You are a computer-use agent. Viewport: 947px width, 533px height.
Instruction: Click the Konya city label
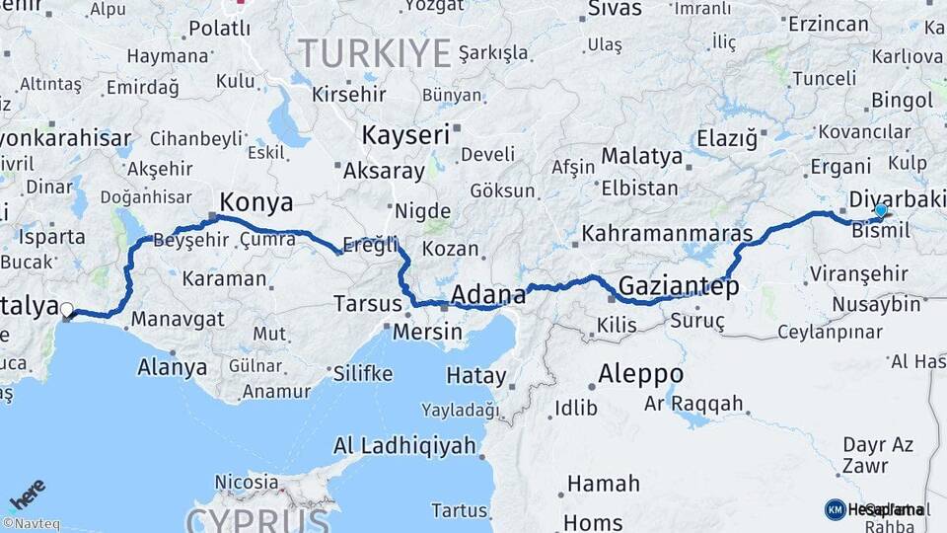click(x=256, y=203)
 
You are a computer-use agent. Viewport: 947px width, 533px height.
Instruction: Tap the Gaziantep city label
click(x=678, y=287)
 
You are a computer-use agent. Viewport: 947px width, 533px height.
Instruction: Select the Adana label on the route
click(x=488, y=294)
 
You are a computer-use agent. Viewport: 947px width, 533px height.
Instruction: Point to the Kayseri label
click(x=405, y=134)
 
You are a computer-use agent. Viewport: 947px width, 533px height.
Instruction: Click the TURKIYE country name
click(x=374, y=52)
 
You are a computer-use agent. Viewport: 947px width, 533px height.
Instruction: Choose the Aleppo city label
click(x=640, y=374)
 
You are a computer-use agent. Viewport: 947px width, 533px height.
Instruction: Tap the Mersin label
click(x=427, y=332)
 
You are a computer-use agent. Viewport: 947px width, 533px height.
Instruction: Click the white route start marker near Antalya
click(x=67, y=311)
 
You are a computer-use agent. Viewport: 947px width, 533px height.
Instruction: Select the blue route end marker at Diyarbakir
click(x=881, y=210)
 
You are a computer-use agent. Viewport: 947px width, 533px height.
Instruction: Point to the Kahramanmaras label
click(x=668, y=235)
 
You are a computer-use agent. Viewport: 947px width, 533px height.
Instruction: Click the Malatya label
click(x=641, y=156)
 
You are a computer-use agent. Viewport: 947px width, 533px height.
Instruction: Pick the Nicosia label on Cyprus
click(x=247, y=483)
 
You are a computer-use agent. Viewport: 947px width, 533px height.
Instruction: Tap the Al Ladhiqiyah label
click(x=404, y=445)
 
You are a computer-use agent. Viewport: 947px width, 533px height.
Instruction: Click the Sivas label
click(x=615, y=9)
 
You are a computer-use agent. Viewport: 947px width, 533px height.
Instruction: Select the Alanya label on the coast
click(x=174, y=367)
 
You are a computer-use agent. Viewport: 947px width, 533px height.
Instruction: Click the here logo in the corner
click(x=28, y=494)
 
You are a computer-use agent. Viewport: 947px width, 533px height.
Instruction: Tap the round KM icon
click(x=835, y=509)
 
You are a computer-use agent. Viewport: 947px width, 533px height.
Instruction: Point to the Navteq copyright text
click(x=31, y=524)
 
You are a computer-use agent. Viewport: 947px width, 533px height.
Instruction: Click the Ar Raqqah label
click(x=693, y=403)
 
